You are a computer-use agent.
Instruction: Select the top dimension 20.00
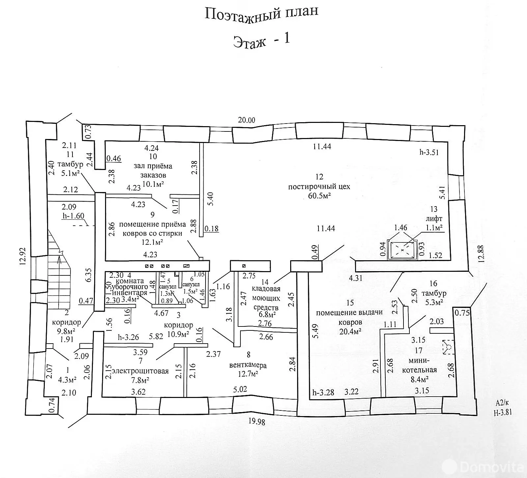click(246, 120)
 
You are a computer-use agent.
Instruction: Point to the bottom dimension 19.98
click(257, 422)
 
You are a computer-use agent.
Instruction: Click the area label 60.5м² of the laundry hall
click(319, 196)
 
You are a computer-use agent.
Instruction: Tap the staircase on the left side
click(59, 270)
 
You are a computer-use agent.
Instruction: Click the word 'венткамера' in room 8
click(248, 365)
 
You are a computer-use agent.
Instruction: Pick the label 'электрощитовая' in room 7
click(140, 371)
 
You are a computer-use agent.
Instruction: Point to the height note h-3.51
click(429, 152)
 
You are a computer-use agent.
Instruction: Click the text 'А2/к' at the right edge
click(502, 403)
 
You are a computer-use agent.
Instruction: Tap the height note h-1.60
click(73, 216)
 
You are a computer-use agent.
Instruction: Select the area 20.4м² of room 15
click(350, 332)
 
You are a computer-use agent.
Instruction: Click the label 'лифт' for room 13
click(434, 218)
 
